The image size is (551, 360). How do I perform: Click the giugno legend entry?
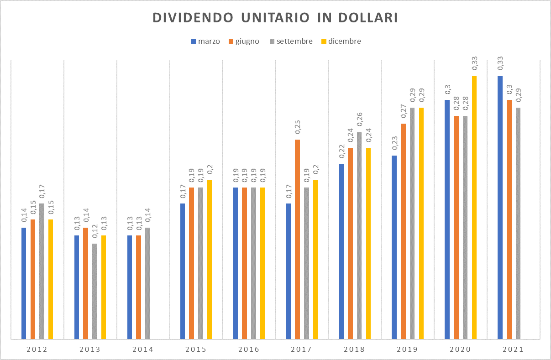coord(247,41)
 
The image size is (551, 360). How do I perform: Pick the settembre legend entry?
coord(294,41)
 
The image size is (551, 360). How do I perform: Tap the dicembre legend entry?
coord(344,41)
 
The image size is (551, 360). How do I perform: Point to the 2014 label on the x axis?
coord(143,350)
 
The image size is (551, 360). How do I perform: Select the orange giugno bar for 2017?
coord(297,239)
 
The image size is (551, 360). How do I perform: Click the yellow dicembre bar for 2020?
coord(474,207)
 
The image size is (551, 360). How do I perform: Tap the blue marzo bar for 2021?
coord(500,207)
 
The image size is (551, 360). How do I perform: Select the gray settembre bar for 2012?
coord(42,271)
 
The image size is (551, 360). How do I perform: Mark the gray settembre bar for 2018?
coord(359,235)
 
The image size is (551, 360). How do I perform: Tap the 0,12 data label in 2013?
coord(95,233)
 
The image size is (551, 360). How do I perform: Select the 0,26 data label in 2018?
coord(360,121)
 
